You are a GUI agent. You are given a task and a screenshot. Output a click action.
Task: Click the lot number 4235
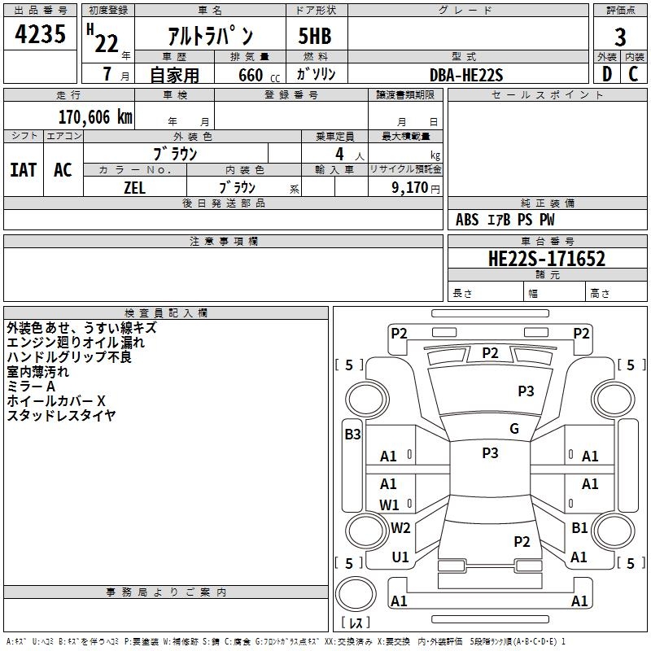pyautogui.click(x=41, y=36)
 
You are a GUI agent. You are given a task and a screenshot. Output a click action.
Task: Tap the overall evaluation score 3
pyautogui.click(x=620, y=37)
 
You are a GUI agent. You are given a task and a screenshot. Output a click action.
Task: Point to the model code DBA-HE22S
pyautogui.click(x=466, y=75)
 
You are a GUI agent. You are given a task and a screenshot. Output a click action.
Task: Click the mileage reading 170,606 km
pyautogui.click(x=95, y=117)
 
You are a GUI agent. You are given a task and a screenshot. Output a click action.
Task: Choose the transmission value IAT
pyautogui.click(x=23, y=169)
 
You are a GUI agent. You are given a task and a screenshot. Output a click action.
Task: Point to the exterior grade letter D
pyautogui.click(x=606, y=75)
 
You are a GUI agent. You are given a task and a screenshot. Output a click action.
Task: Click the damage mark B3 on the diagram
pyautogui.click(x=352, y=435)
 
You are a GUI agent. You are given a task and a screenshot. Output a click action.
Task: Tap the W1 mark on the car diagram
pyautogui.click(x=389, y=505)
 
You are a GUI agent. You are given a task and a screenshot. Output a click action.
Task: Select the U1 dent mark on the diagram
pyautogui.click(x=400, y=557)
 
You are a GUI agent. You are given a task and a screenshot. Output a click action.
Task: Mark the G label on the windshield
pyautogui.click(x=514, y=429)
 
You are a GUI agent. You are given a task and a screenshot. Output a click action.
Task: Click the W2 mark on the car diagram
pyautogui.click(x=400, y=528)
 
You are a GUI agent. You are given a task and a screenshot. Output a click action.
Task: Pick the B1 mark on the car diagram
pyautogui.click(x=579, y=528)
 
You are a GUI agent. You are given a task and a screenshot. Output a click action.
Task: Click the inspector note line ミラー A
pyautogui.click(x=31, y=387)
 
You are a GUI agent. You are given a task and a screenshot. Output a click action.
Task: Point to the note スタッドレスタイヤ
pyautogui.click(x=61, y=416)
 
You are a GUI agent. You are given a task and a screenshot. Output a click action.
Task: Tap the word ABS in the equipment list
pyautogui.click(x=467, y=220)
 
